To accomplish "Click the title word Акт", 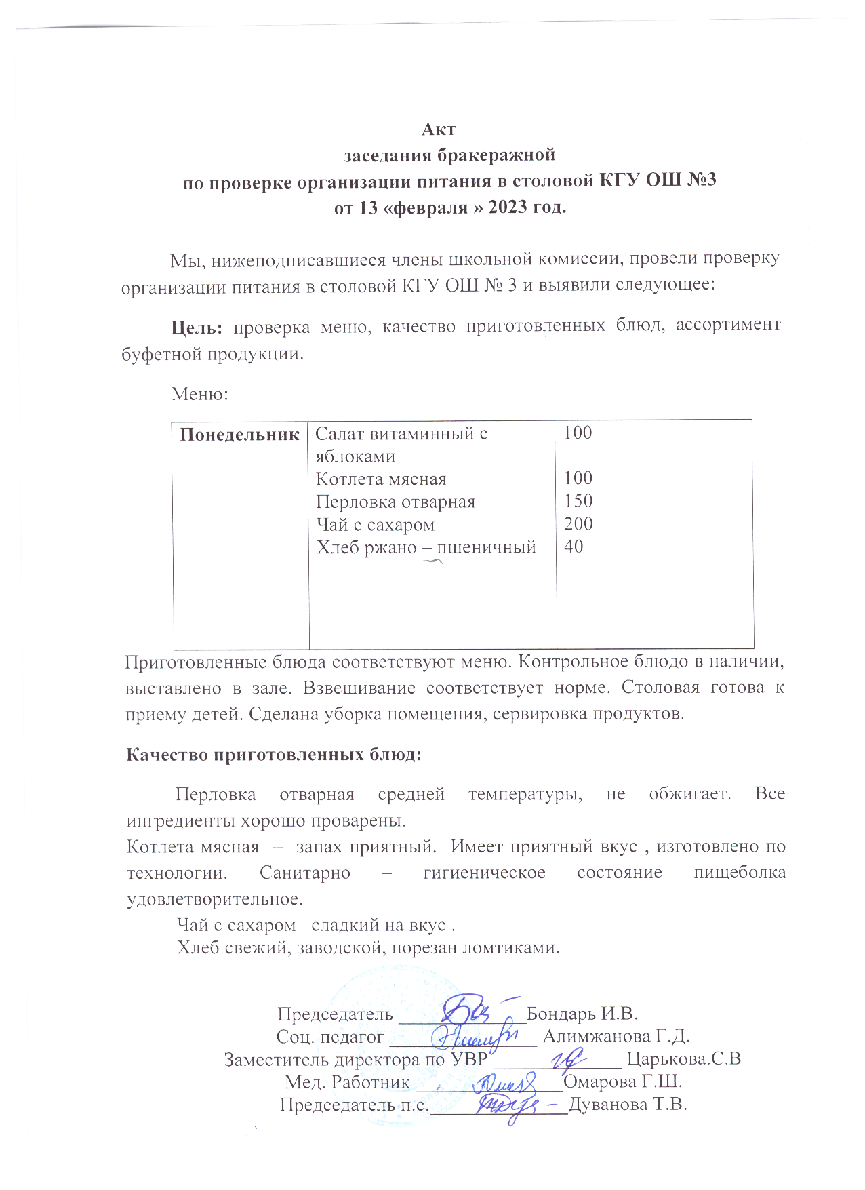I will [438, 129].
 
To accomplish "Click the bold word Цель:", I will [197, 327].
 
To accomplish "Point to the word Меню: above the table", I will [200, 393].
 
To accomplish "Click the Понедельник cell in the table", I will [240, 435].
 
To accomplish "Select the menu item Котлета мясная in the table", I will [381, 479].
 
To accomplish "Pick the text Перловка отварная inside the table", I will [395, 502].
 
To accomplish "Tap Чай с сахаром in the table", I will [375, 525].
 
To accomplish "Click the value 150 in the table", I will [578, 501].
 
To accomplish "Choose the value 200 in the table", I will [578, 524].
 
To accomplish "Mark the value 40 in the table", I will [574, 547].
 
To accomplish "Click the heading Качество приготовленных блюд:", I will [274, 755].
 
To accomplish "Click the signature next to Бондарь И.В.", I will [472, 1010].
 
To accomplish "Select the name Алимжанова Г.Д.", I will [616, 1036].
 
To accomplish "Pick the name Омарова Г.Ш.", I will [622, 1082].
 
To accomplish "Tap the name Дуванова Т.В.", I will [628, 1105].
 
